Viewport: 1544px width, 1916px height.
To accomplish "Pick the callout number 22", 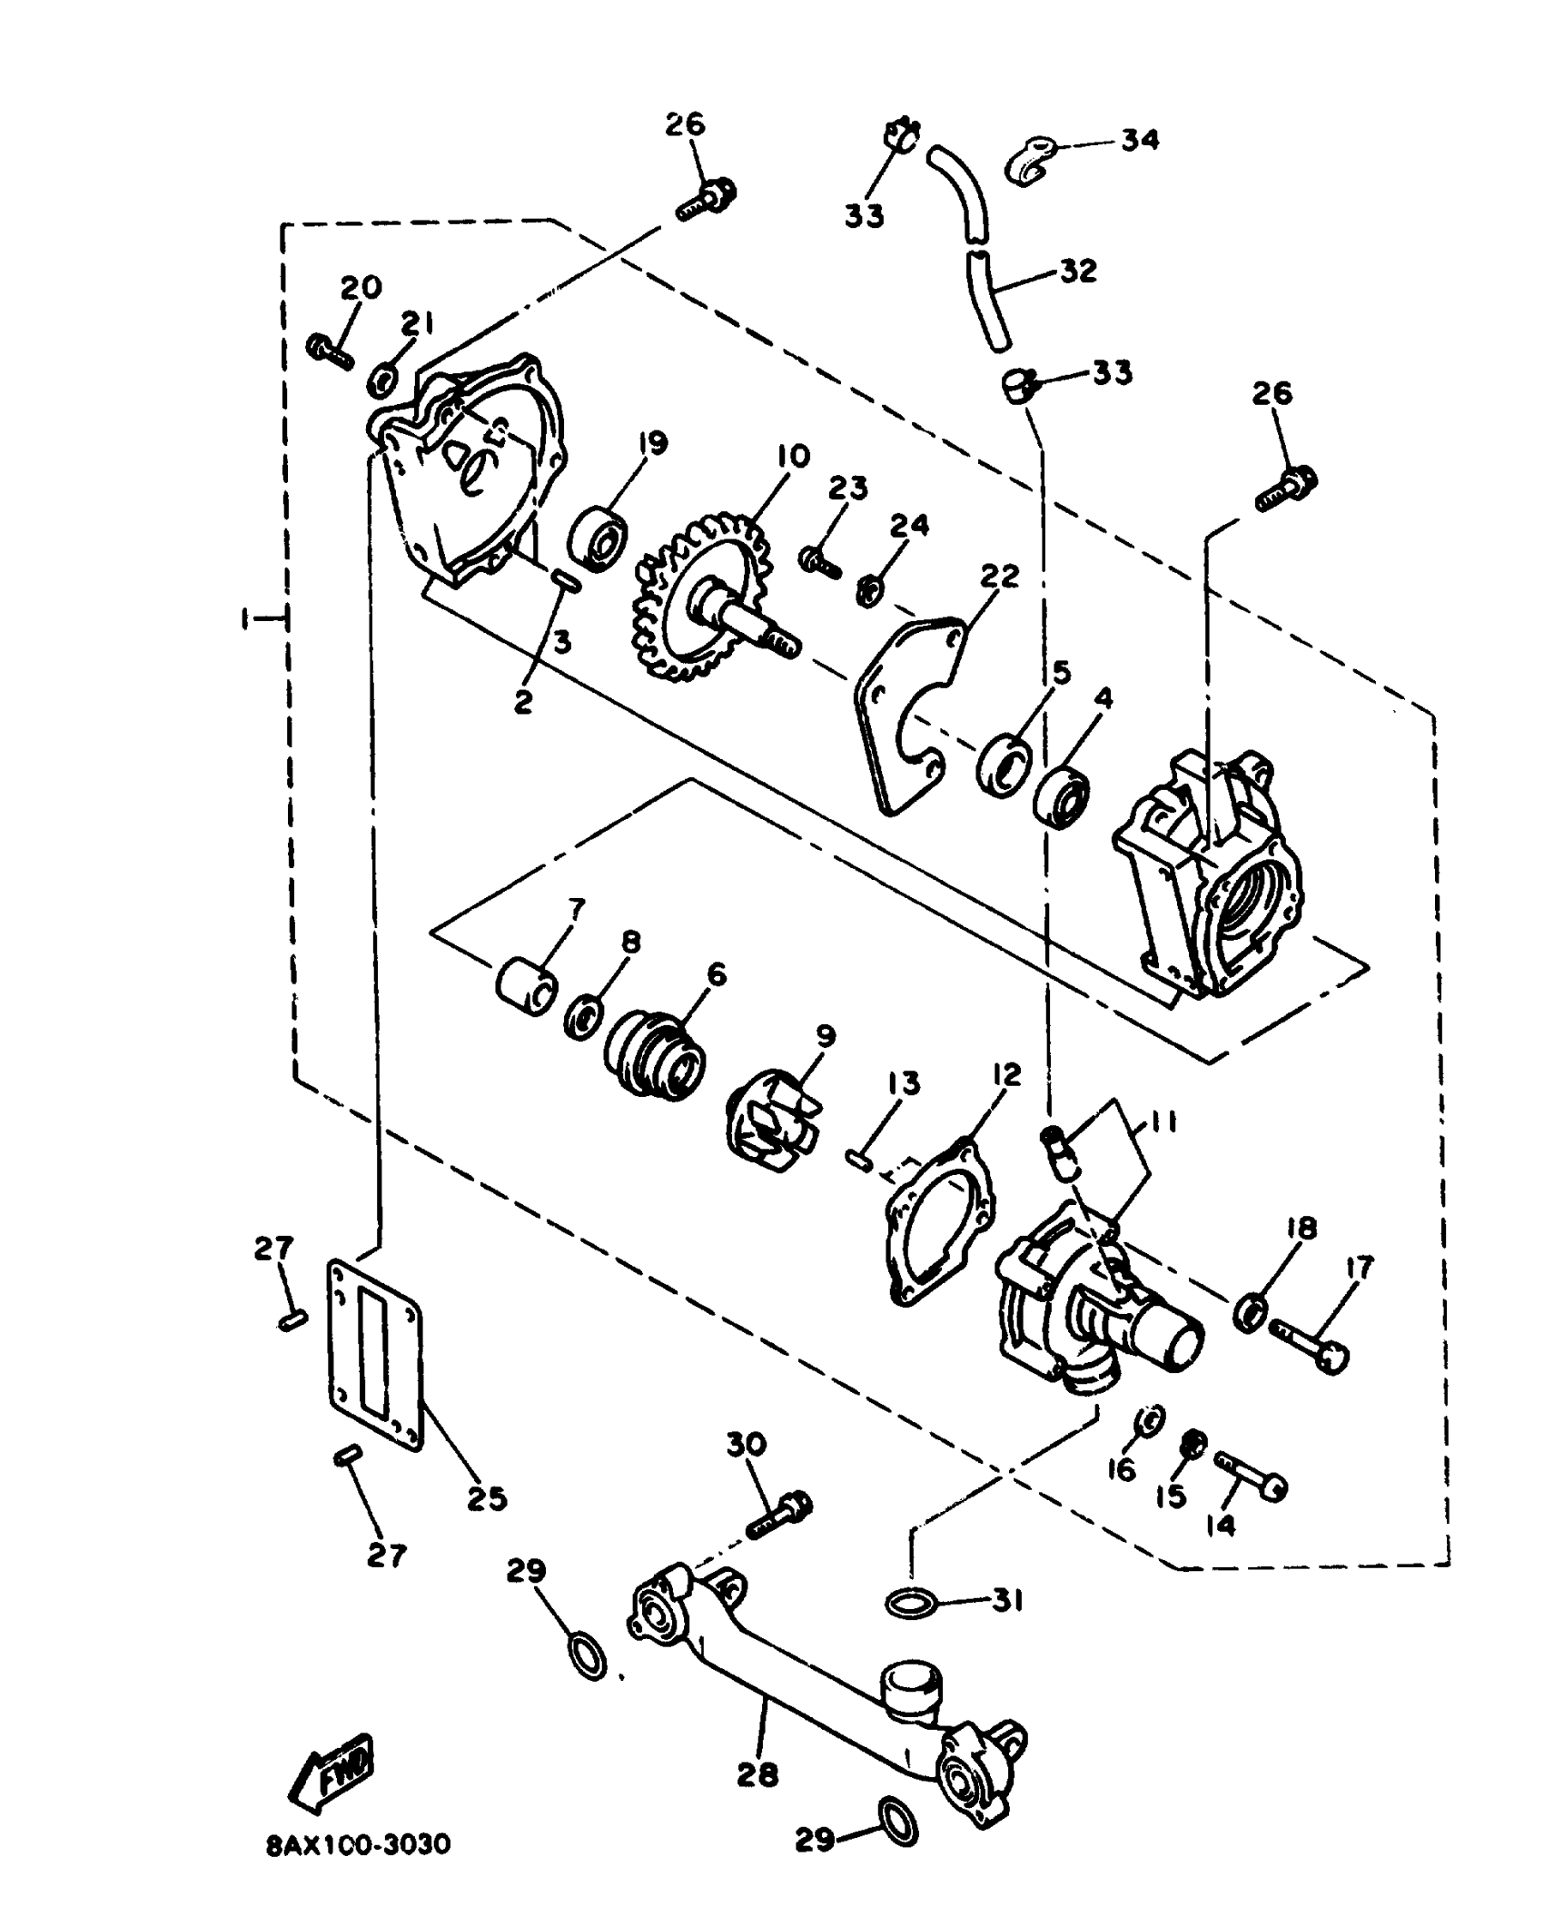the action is [x=999, y=576].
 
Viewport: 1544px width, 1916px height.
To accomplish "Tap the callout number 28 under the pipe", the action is [x=757, y=1773].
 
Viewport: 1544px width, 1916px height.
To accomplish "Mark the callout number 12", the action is [x=1006, y=1076].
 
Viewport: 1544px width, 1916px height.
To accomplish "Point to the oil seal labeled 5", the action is [x=1005, y=765].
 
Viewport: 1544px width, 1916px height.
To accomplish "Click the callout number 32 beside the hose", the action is [x=1077, y=271].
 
